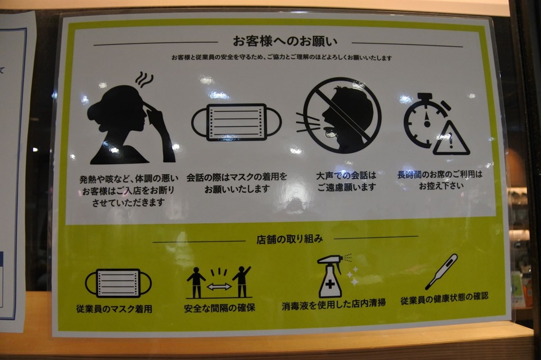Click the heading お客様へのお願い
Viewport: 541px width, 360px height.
tap(285, 41)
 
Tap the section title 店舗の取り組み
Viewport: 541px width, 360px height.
tap(290, 239)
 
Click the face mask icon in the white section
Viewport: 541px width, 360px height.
tap(236, 122)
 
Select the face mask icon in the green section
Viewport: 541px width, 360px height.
tap(118, 283)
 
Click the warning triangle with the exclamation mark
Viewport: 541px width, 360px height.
tap(451, 139)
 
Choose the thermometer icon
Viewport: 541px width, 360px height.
tap(441, 272)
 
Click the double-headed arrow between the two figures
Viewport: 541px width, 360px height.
tap(219, 287)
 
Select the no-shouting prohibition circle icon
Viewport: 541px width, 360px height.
tap(342, 115)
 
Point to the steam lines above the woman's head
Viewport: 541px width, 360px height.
tap(144, 79)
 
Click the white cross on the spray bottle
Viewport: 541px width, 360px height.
tap(330, 284)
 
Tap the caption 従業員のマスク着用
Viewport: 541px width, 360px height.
tap(114, 309)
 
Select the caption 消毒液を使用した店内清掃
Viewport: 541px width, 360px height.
tap(334, 304)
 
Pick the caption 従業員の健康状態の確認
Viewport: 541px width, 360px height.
tap(444, 298)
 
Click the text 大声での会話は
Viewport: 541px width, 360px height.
tap(346, 176)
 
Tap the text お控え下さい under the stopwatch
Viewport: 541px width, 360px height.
tap(441, 186)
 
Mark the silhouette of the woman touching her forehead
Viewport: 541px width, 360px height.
tap(131, 124)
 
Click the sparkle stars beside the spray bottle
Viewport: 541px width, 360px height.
tap(353, 276)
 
